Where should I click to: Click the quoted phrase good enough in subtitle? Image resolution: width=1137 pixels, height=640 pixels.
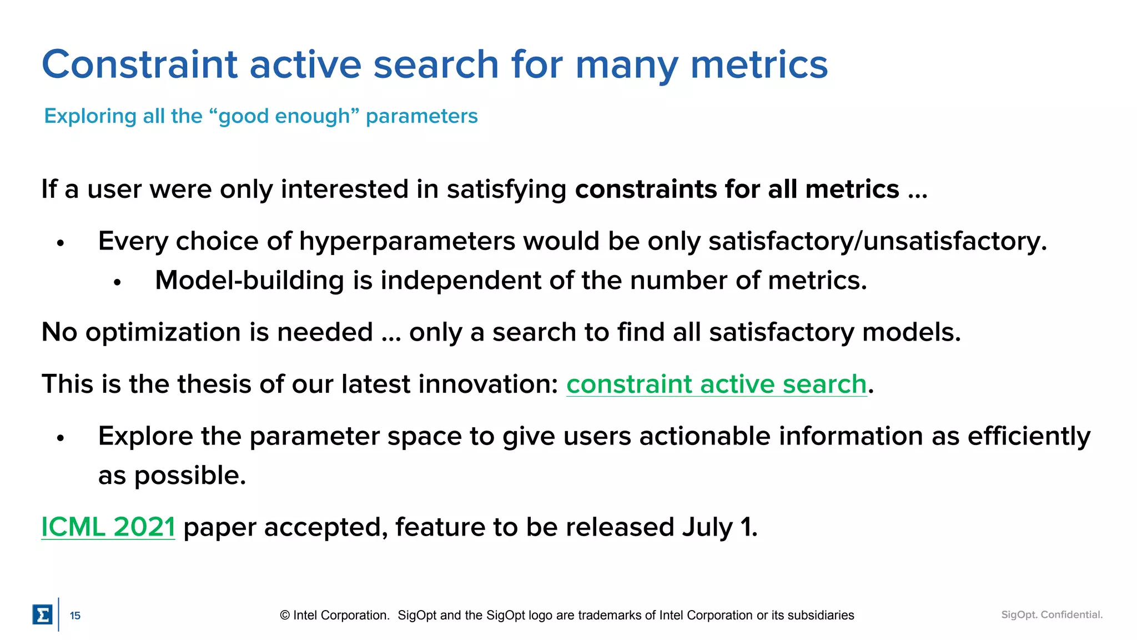tap(284, 116)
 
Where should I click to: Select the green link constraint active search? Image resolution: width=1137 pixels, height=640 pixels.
tap(716, 384)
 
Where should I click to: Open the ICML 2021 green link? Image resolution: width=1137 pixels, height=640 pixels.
tap(108, 527)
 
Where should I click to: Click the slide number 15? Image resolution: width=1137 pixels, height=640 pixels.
tap(75, 616)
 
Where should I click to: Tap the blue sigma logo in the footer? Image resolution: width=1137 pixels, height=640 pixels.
tap(42, 614)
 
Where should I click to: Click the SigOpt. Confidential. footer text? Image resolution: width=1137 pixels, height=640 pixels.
tap(1052, 614)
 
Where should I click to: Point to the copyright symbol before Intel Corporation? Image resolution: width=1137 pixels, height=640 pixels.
tap(285, 615)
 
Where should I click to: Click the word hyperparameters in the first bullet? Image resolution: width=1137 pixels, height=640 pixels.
tap(406, 241)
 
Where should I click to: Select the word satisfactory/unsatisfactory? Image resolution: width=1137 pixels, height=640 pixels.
tap(877, 241)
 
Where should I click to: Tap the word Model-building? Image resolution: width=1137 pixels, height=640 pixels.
tap(249, 280)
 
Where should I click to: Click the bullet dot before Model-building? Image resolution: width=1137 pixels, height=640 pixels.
tap(117, 283)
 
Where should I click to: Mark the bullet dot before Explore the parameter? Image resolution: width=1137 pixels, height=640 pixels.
tap(61, 438)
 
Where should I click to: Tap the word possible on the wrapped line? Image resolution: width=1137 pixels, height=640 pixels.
tap(188, 476)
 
